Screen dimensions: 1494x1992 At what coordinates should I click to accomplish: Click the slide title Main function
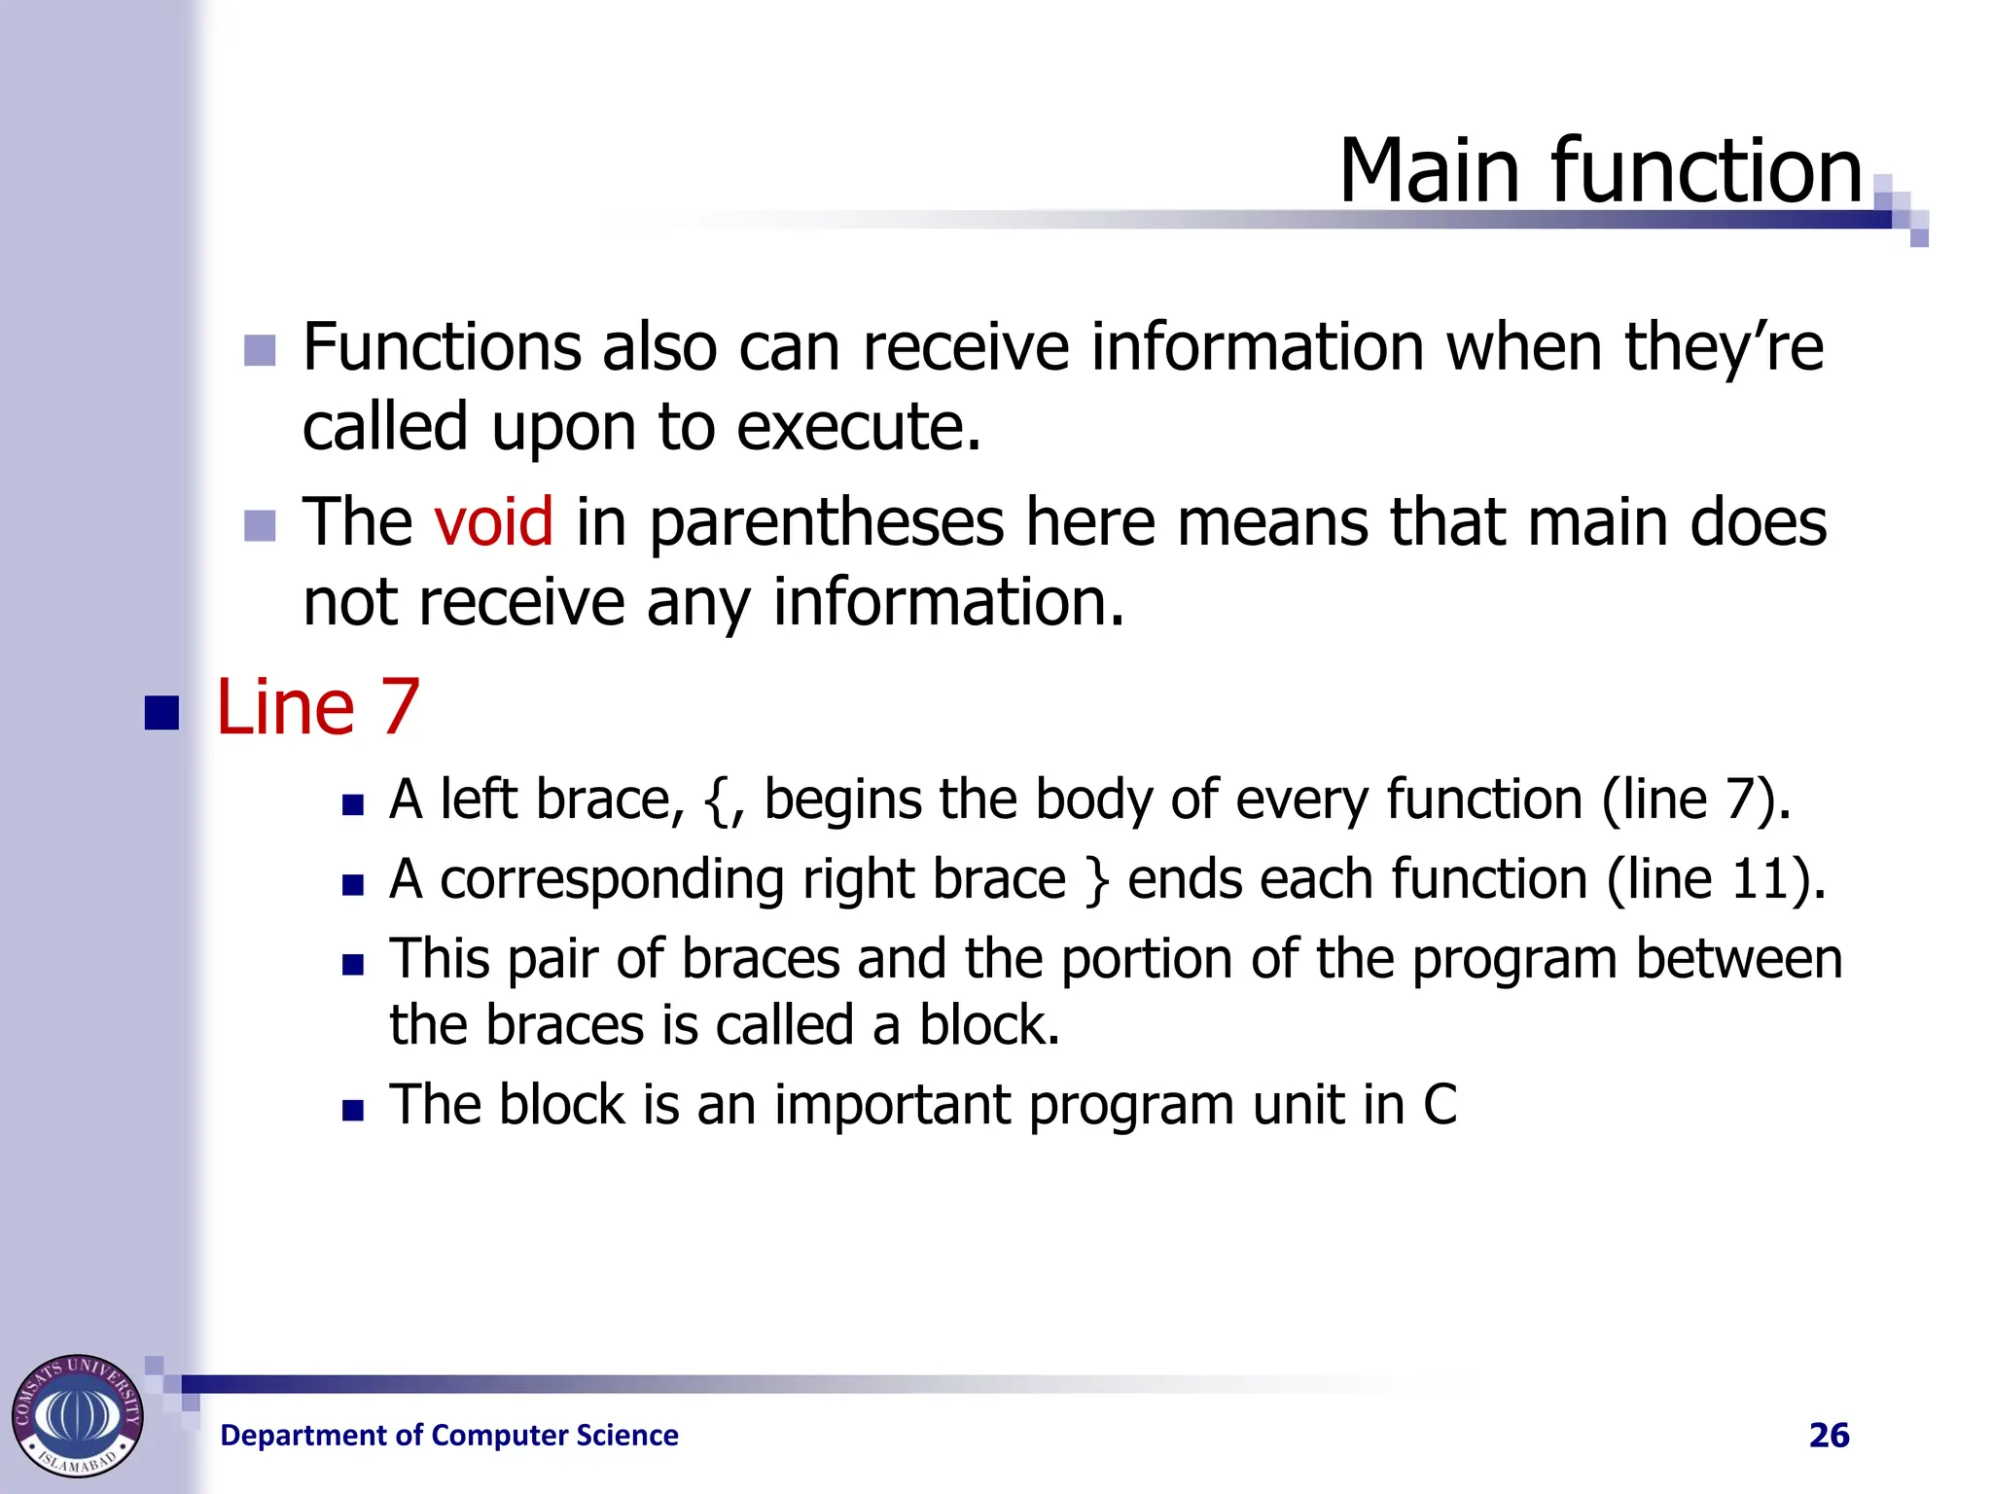(1600, 171)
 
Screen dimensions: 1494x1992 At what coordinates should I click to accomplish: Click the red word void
(493, 521)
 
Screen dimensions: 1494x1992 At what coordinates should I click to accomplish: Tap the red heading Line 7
(317, 707)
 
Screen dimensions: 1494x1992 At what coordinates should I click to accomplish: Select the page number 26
(1829, 1435)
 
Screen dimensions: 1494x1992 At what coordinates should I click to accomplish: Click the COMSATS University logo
(78, 1415)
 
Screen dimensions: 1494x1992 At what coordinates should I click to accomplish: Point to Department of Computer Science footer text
(449, 1435)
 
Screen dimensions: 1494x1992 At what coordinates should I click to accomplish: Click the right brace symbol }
(1096, 881)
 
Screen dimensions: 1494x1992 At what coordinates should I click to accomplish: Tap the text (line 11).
(1715, 879)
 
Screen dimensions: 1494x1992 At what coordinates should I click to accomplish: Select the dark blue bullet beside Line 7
(161, 713)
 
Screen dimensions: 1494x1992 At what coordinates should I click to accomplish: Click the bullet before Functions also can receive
(260, 351)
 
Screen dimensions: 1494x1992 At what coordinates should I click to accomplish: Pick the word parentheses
(826, 523)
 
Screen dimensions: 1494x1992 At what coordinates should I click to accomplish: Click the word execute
(858, 428)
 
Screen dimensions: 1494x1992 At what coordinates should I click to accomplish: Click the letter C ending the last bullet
(1440, 1105)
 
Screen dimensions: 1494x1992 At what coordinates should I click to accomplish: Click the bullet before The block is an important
(353, 1110)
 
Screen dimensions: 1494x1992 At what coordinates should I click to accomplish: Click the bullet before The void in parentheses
(260, 526)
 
